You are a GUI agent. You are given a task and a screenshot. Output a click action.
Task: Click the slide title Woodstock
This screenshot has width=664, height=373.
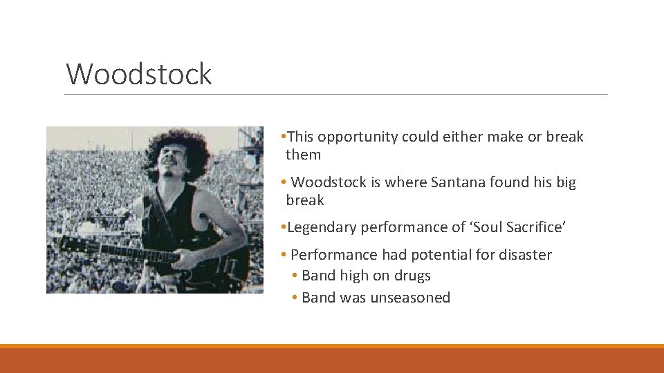(x=139, y=74)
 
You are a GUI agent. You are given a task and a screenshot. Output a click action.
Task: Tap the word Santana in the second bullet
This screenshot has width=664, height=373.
(x=458, y=182)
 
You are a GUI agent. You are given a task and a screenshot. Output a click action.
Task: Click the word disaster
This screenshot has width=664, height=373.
(x=524, y=255)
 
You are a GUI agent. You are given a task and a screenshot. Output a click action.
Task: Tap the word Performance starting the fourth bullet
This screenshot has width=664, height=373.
(x=334, y=255)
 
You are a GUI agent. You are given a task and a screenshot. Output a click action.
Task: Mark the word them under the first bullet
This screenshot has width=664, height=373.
(x=304, y=155)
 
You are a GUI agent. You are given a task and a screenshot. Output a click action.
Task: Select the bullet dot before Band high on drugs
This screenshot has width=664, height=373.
(x=295, y=276)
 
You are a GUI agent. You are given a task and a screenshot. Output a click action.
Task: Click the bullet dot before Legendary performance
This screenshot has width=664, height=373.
(x=284, y=227)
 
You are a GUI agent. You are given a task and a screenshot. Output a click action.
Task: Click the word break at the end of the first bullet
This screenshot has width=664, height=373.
(x=565, y=137)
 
